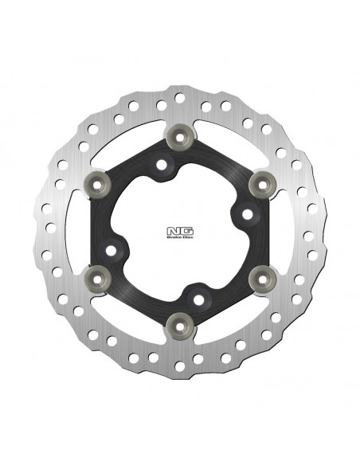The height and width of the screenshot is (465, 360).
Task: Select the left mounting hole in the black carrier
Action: coord(112,252)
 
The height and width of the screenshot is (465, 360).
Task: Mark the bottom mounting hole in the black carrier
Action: coord(196,297)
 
